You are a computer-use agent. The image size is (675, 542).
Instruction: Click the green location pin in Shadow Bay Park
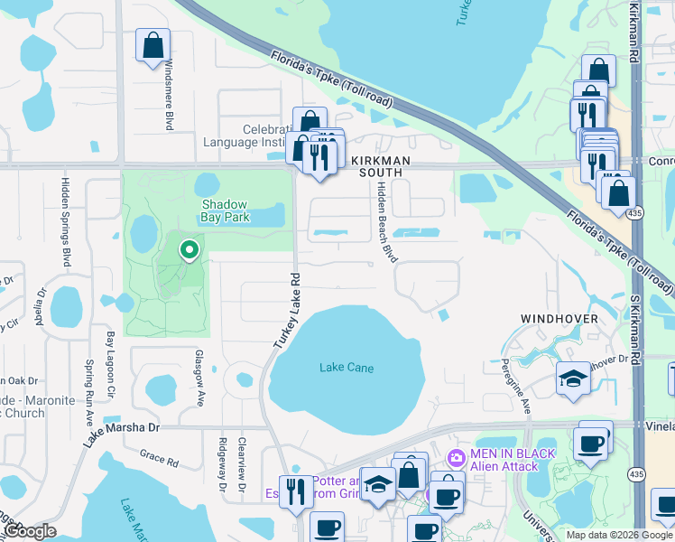click(189, 248)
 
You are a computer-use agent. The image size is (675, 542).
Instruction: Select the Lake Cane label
click(344, 367)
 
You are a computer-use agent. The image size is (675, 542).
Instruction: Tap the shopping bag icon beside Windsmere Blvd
click(153, 45)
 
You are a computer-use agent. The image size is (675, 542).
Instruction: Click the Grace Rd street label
click(160, 459)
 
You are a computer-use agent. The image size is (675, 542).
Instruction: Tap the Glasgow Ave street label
click(200, 378)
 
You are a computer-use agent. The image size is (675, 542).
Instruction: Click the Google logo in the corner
click(30, 531)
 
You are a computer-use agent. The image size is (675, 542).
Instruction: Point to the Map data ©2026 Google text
click(619, 535)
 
